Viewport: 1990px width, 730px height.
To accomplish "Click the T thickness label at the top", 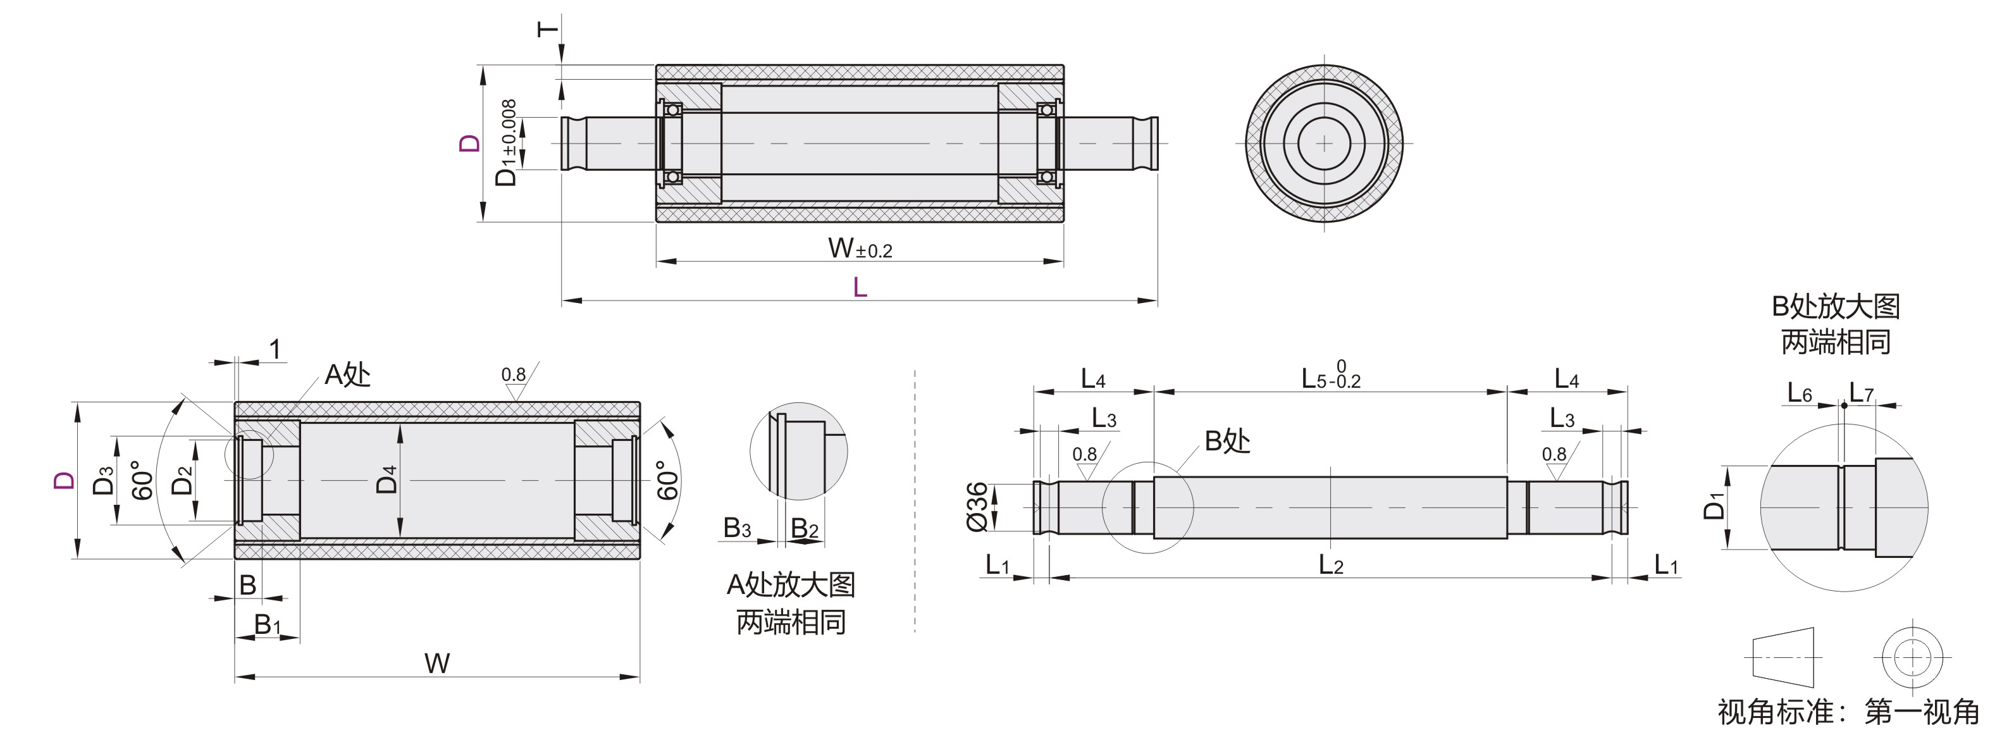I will (547, 29).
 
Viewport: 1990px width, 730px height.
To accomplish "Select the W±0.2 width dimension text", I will (860, 249).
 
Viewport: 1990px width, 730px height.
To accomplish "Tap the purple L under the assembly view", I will (860, 288).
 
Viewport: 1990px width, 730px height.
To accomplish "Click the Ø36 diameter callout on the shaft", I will (977, 507).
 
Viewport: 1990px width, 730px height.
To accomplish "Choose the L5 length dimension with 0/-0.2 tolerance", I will (1330, 377).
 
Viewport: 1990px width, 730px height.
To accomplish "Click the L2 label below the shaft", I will (1331, 566).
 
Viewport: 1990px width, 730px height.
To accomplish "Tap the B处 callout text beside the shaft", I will (1227, 441).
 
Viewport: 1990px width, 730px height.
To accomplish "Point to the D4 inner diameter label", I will (386, 479).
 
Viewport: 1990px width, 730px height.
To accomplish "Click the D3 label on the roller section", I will (102, 479).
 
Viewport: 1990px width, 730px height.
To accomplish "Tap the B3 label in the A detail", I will (737, 528).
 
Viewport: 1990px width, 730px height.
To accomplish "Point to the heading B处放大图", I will (1836, 307).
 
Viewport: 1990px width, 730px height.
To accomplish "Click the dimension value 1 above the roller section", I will (275, 350).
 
